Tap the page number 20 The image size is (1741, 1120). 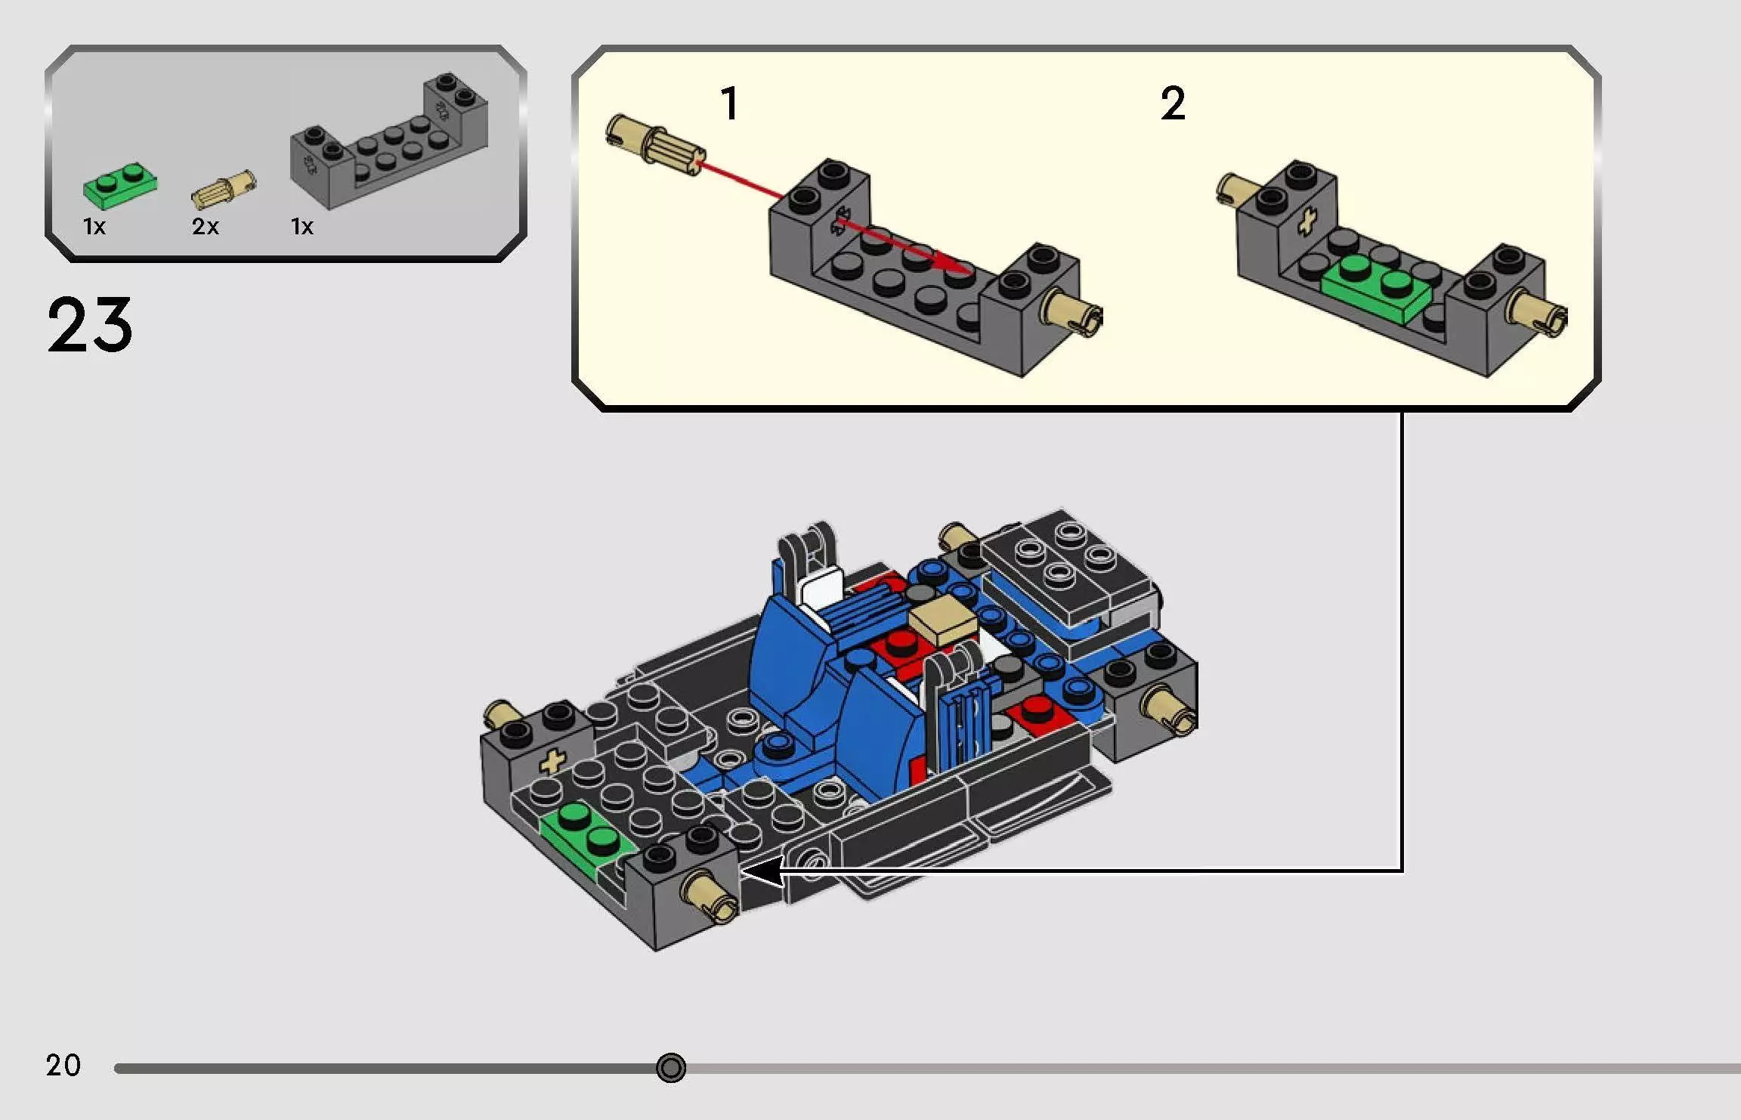(63, 1066)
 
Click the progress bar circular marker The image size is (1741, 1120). (671, 1068)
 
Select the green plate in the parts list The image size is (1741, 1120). (120, 184)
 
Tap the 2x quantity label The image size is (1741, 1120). (205, 226)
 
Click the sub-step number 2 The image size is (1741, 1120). (1173, 104)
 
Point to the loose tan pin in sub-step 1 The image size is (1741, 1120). (654, 141)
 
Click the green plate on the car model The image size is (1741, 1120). (588, 831)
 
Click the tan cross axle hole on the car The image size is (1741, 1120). (553, 761)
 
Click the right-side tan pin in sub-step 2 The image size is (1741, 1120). (1541, 311)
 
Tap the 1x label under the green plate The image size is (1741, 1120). (94, 226)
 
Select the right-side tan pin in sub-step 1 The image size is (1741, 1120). (1073, 311)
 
